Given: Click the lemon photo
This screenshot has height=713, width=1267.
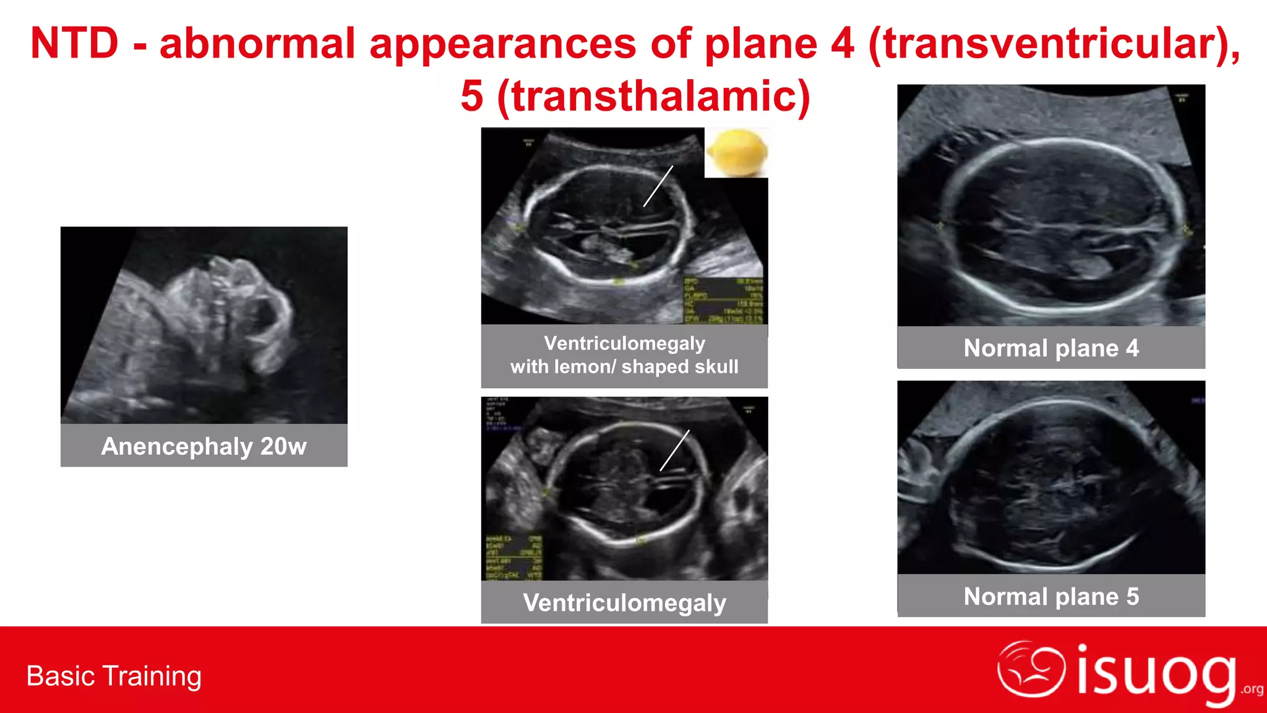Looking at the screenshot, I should (x=737, y=152).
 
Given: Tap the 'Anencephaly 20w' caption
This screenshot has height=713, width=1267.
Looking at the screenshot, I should (x=204, y=446).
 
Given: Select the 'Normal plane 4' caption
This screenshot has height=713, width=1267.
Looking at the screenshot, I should (x=1051, y=348).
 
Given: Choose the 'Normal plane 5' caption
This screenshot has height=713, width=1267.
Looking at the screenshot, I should (x=1051, y=597).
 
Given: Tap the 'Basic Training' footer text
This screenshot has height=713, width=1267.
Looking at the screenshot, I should (x=114, y=676).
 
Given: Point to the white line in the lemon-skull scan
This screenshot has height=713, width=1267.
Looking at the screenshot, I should (x=658, y=186).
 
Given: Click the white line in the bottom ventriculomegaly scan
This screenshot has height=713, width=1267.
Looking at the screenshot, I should (x=674, y=451).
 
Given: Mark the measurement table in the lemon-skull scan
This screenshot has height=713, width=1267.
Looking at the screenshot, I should (x=723, y=300).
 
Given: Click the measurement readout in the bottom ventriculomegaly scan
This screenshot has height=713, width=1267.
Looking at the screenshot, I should (x=513, y=557).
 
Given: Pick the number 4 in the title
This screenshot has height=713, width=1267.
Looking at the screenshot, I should (x=842, y=44).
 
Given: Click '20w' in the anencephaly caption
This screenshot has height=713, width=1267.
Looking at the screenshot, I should (x=283, y=446).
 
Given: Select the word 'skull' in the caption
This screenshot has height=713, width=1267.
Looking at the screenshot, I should (x=717, y=367).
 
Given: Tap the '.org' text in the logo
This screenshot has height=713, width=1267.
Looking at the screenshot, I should (x=1252, y=689).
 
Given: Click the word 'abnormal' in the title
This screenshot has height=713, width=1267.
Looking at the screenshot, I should (x=257, y=44).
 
